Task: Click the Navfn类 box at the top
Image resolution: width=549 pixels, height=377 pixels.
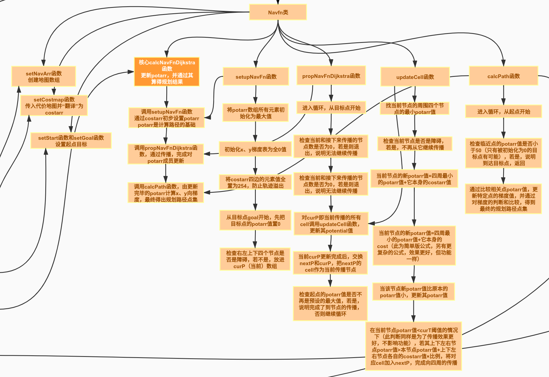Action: point(278,12)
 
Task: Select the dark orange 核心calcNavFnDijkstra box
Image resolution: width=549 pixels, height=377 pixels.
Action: point(167,72)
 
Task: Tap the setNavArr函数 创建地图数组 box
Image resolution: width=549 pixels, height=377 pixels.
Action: point(44,77)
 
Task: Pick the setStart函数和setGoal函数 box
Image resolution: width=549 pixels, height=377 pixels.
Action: point(71,141)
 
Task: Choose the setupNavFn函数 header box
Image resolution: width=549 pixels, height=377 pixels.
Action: point(256,77)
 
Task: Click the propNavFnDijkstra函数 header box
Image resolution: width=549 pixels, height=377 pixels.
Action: point(331,76)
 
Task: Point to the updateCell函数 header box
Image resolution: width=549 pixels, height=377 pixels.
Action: point(415,77)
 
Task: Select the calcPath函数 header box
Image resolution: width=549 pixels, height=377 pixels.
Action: point(503,76)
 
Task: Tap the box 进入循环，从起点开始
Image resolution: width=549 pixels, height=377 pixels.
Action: point(503,112)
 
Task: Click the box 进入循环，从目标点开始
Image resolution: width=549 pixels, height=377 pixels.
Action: point(331,108)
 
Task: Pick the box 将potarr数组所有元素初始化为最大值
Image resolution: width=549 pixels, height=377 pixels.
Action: point(256,113)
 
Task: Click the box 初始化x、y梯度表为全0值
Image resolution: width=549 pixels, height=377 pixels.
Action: point(255,149)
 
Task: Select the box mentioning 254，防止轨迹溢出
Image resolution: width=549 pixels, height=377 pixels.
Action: point(255,182)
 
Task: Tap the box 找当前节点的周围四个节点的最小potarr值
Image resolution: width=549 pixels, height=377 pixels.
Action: point(414,109)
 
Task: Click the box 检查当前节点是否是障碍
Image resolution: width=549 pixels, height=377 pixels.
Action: point(414,144)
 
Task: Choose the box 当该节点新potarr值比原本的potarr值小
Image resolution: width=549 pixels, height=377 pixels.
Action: point(413,292)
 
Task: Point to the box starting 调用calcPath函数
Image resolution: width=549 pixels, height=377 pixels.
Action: point(166,193)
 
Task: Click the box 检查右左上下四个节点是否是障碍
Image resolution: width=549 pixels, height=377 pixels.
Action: point(255,259)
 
